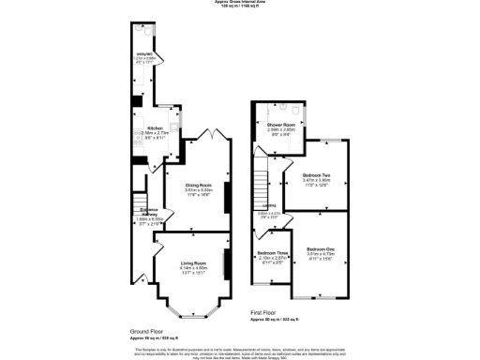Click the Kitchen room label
click(155, 127)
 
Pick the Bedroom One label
click(322, 247)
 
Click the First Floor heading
click(263, 313)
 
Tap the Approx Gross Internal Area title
click(240, 3)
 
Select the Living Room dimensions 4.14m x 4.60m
click(193, 268)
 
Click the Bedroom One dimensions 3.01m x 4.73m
click(322, 253)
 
